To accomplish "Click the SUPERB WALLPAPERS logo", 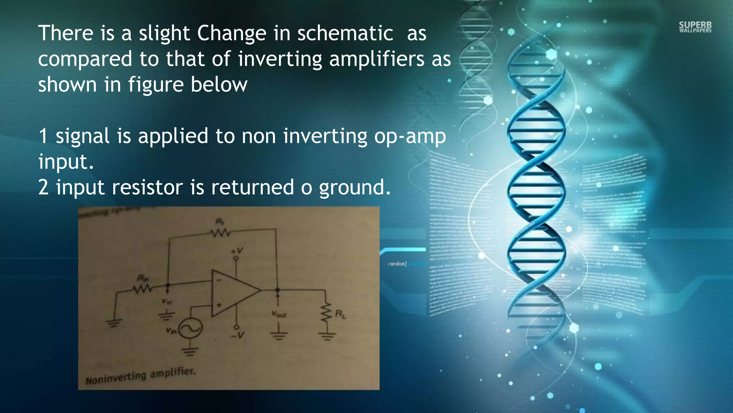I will [695, 27].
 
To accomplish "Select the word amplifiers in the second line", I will [377, 59].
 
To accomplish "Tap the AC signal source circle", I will [190, 328].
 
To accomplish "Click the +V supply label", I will [237, 250].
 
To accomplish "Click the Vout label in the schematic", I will [278, 314].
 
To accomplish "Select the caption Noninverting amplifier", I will [140, 376].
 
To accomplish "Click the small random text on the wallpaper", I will [397, 264].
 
